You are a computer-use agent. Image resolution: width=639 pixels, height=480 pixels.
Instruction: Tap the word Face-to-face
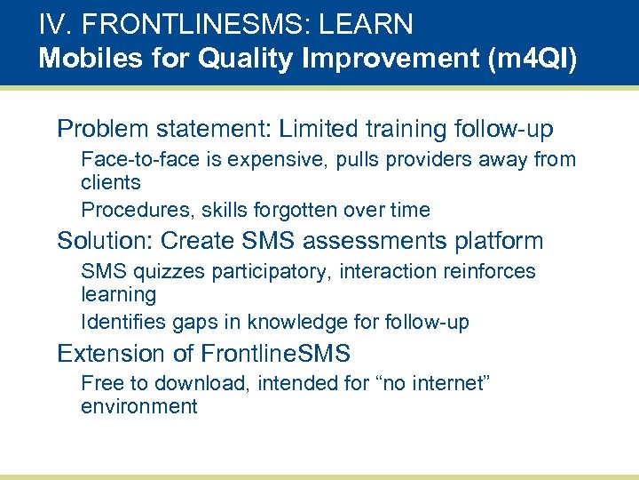[134, 160]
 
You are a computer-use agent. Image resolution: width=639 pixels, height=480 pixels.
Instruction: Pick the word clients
[110, 182]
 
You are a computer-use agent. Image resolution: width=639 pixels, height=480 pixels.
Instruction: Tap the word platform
[498, 242]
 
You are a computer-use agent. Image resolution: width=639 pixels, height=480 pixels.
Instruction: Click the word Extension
[111, 354]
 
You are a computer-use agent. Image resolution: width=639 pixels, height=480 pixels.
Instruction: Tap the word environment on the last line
[138, 407]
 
